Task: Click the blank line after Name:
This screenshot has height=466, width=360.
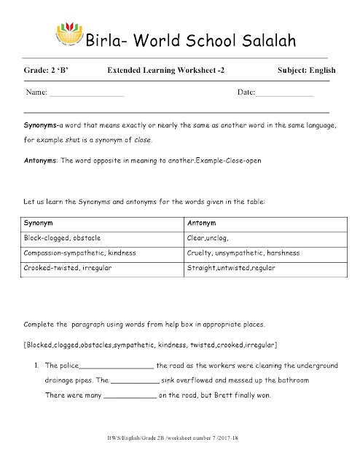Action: [x=87, y=95]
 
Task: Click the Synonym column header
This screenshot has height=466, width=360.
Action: [x=38, y=222]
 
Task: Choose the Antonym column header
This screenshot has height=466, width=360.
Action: [x=202, y=222]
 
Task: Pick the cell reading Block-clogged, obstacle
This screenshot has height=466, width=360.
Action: [x=62, y=237]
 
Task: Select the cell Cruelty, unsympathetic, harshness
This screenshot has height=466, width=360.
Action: [x=243, y=253]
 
